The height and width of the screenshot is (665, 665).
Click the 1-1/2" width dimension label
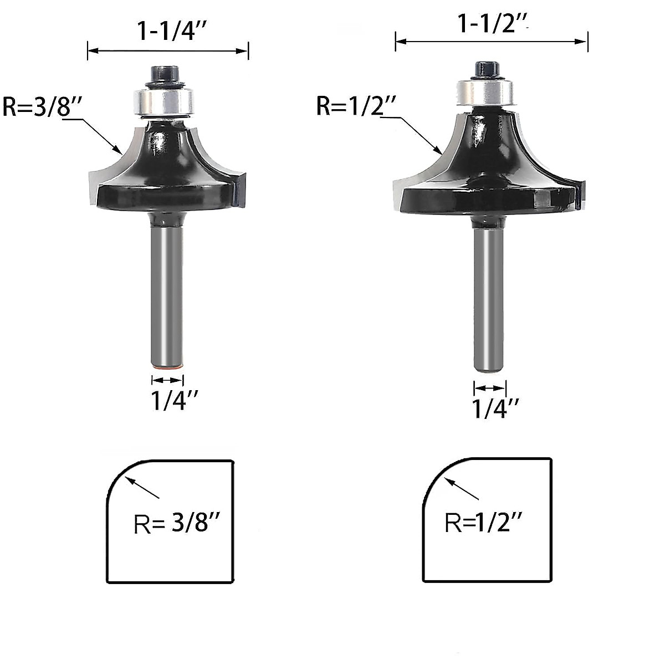492,24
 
